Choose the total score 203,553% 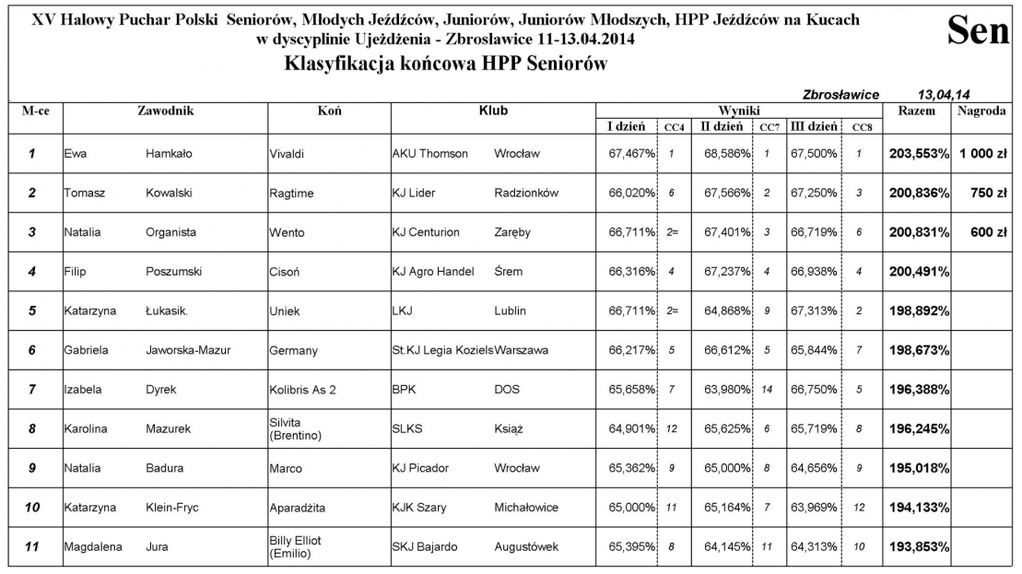918,154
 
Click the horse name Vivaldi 287,154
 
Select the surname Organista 170,233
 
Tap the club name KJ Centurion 425,233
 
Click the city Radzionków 525,193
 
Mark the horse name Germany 293,351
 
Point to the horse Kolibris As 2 302,391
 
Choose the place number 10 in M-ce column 32,508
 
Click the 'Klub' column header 493,111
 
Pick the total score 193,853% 918,547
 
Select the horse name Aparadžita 299,508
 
